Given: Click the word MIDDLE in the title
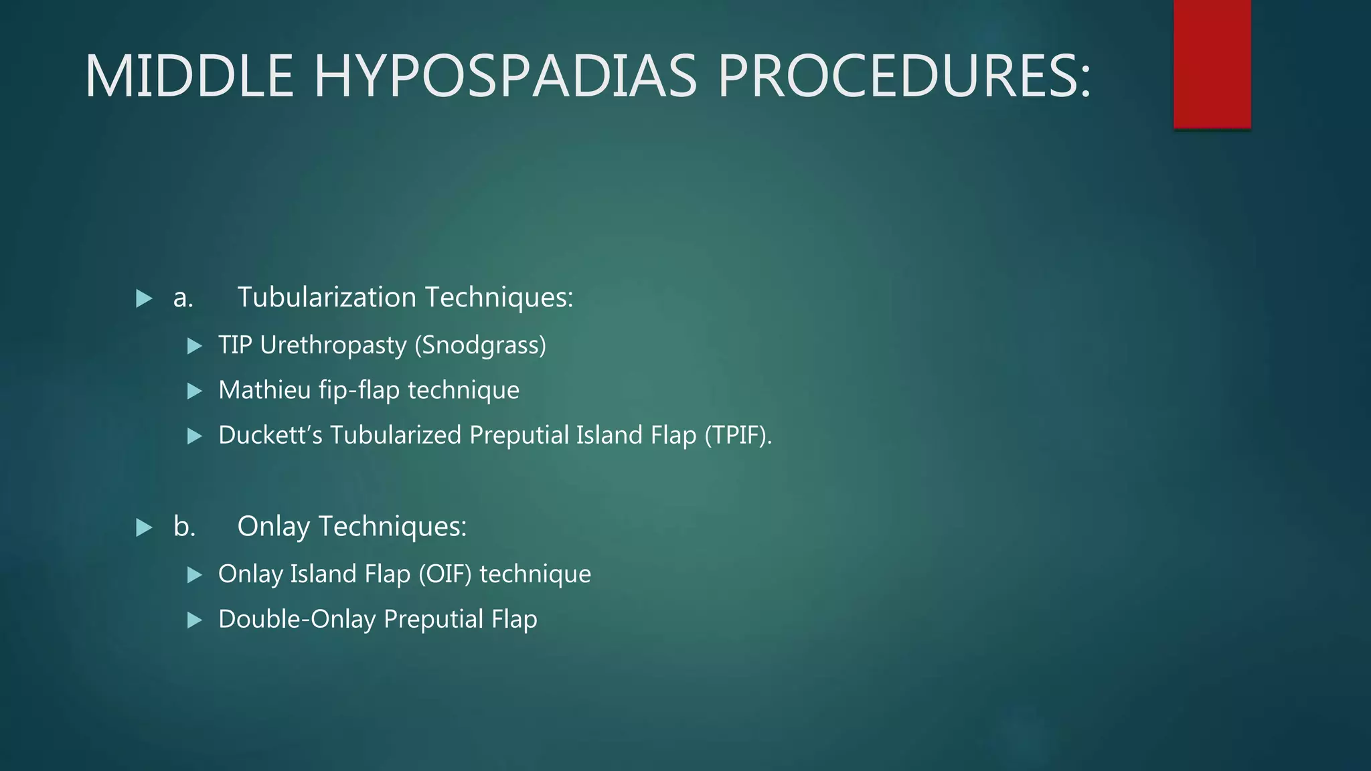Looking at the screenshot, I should click(189, 76).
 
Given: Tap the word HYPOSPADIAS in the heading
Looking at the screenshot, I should click(505, 76).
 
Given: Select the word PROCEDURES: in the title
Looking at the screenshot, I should click(904, 76).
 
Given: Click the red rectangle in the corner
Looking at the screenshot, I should click(1212, 64).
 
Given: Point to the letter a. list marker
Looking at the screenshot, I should click(183, 298).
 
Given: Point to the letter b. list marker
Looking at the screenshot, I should click(184, 527).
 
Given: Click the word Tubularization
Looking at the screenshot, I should click(327, 298).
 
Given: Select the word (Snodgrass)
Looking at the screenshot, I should click(480, 346).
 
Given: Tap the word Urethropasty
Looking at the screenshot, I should click(333, 346).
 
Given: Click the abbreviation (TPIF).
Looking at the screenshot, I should click(738, 436).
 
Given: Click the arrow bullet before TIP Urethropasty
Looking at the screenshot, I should click(195, 346).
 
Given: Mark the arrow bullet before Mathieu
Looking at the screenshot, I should click(195, 391).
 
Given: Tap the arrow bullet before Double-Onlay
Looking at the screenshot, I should click(195, 620).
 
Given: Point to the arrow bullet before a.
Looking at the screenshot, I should click(144, 298).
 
